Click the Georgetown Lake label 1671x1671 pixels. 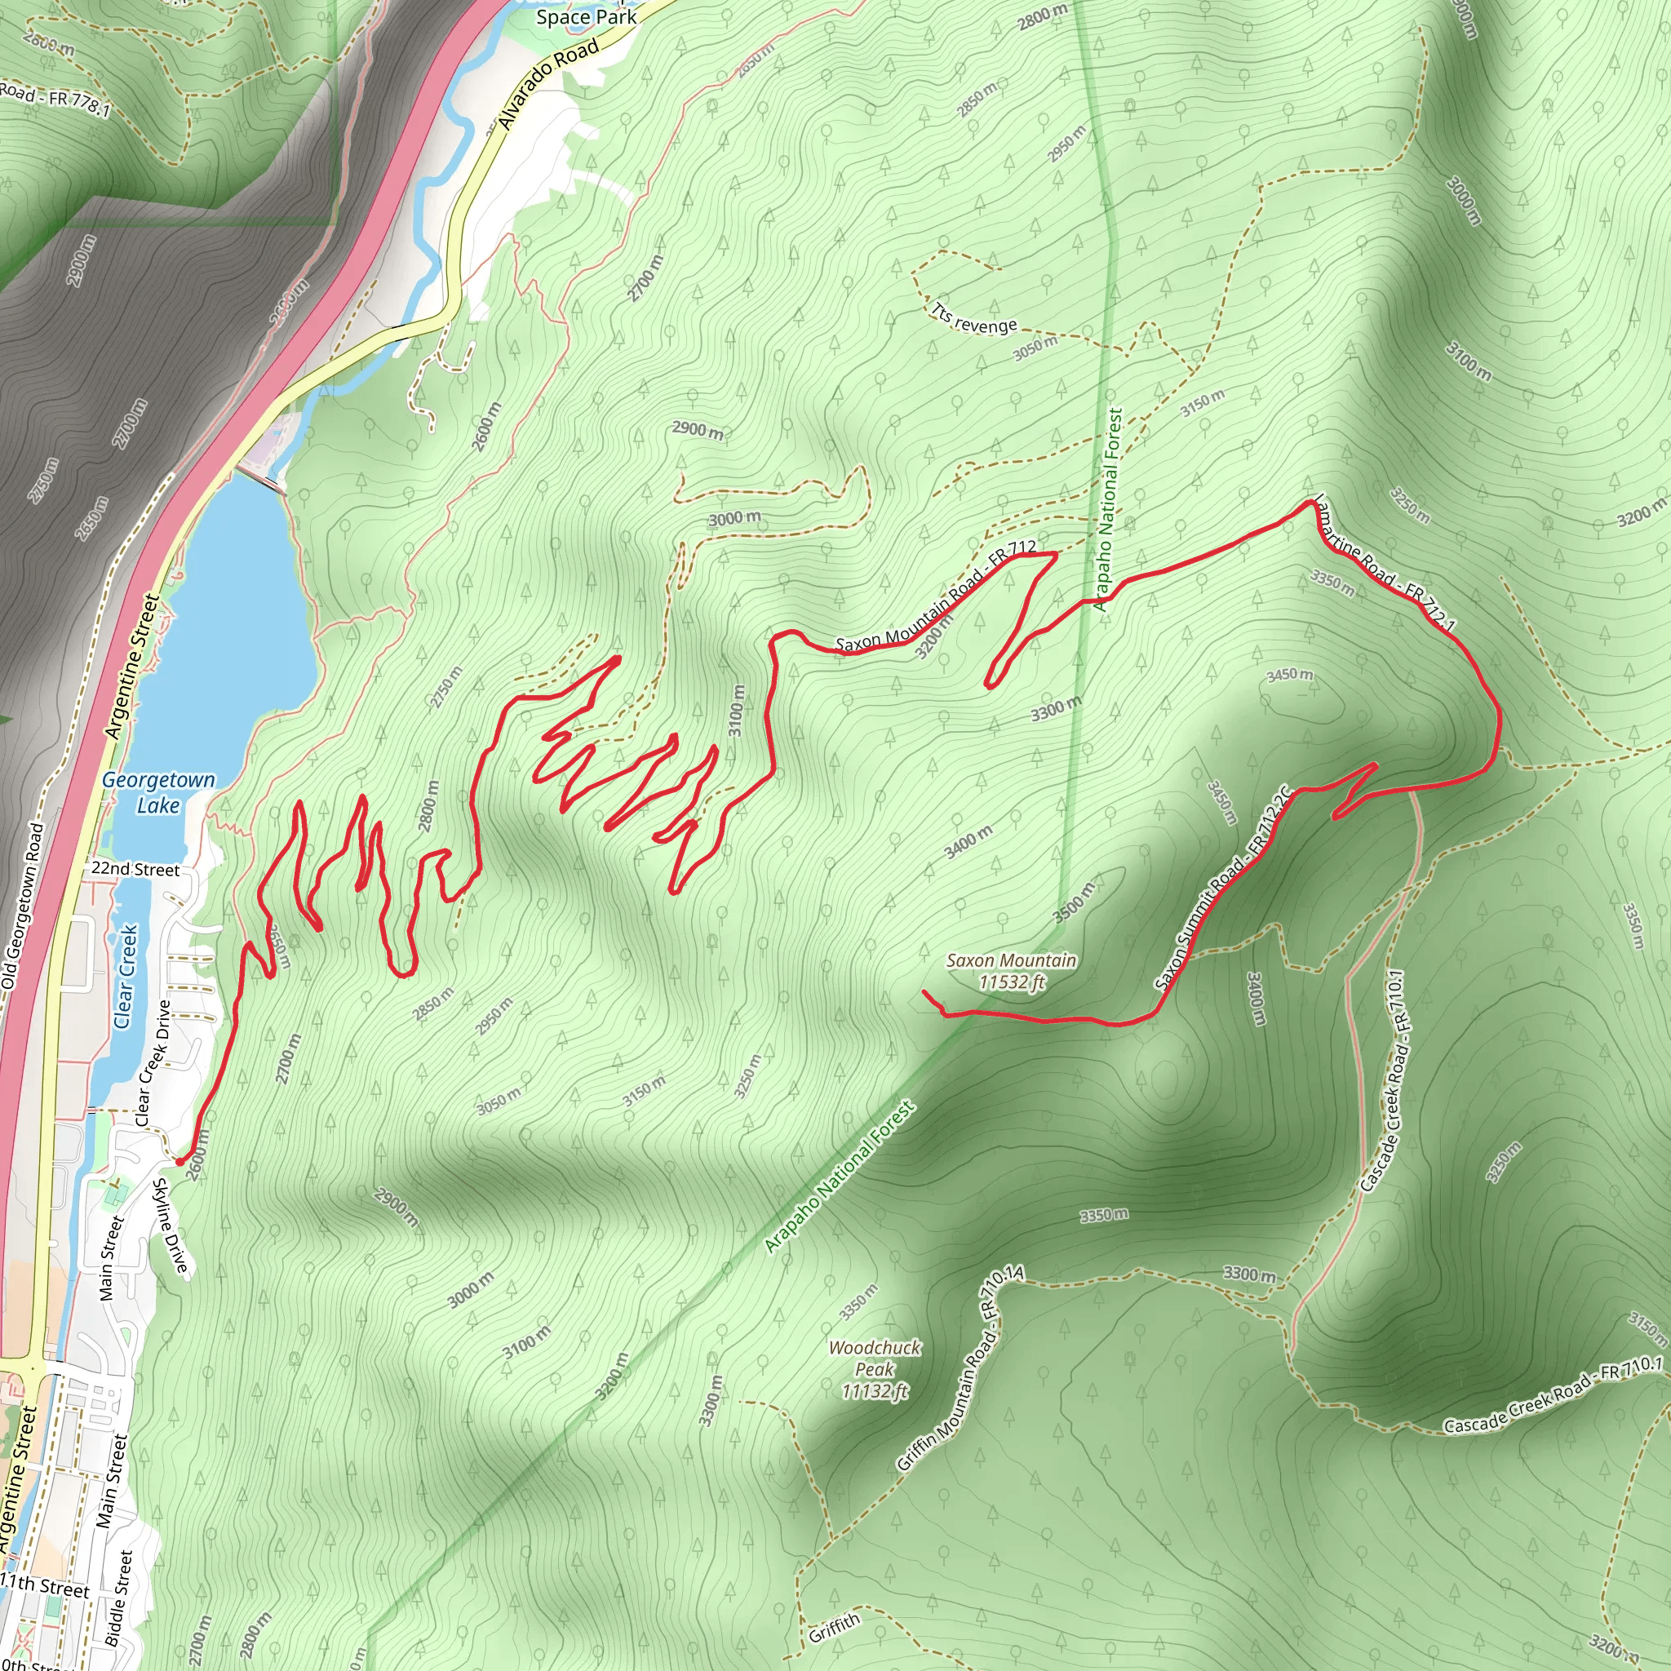click(x=158, y=792)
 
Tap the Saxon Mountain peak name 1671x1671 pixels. click(x=1011, y=960)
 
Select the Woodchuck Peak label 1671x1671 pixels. click(x=875, y=1358)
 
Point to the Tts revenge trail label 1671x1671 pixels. click(x=974, y=319)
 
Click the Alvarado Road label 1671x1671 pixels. click(x=549, y=85)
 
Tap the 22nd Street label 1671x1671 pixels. click(x=135, y=868)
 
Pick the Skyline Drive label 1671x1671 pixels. click(x=170, y=1226)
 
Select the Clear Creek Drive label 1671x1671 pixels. click(x=153, y=1063)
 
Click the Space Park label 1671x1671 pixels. click(x=587, y=16)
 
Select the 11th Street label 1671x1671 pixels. click(x=45, y=1586)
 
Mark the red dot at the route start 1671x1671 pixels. click(x=179, y=1162)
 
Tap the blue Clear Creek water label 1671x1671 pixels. click(x=126, y=977)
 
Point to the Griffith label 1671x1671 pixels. click(x=835, y=1629)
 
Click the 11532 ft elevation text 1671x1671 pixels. click(x=1012, y=982)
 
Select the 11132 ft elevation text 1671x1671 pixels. click(x=875, y=1392)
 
